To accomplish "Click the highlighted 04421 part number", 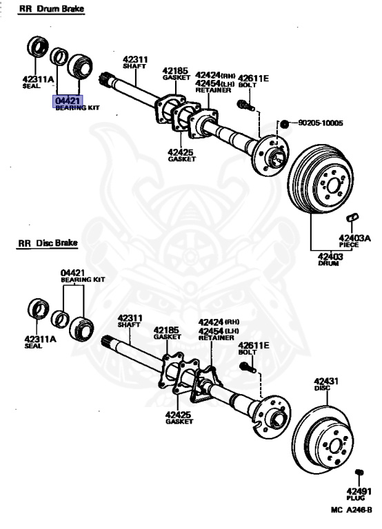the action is click(x=68, y=101).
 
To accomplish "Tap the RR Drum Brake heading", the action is click(x=51, y=9).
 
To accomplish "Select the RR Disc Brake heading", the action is click(x=48, y=243).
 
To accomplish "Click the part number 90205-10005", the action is click(x=320, y=123).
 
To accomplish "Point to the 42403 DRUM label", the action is click(x=330, y=259).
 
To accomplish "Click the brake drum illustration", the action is click(x=320, y=179).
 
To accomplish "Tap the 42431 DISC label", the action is click(x=326, y=384).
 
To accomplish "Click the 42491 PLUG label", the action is click(x=359, y=495).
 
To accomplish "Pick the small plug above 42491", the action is click(x=359, y=472).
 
